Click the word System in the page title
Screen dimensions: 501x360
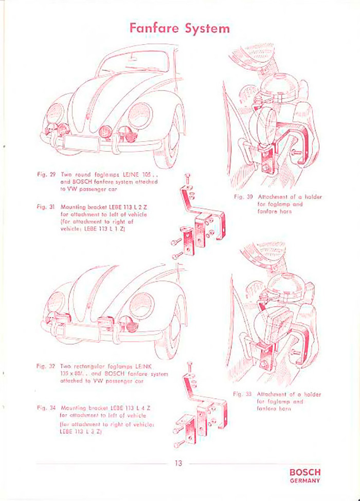[x=208, y=28]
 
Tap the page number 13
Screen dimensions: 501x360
[x=178, y=463]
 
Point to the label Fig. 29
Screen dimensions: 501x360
[x=46, y=174]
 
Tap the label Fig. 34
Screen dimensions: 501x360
[x=46, y=405]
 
